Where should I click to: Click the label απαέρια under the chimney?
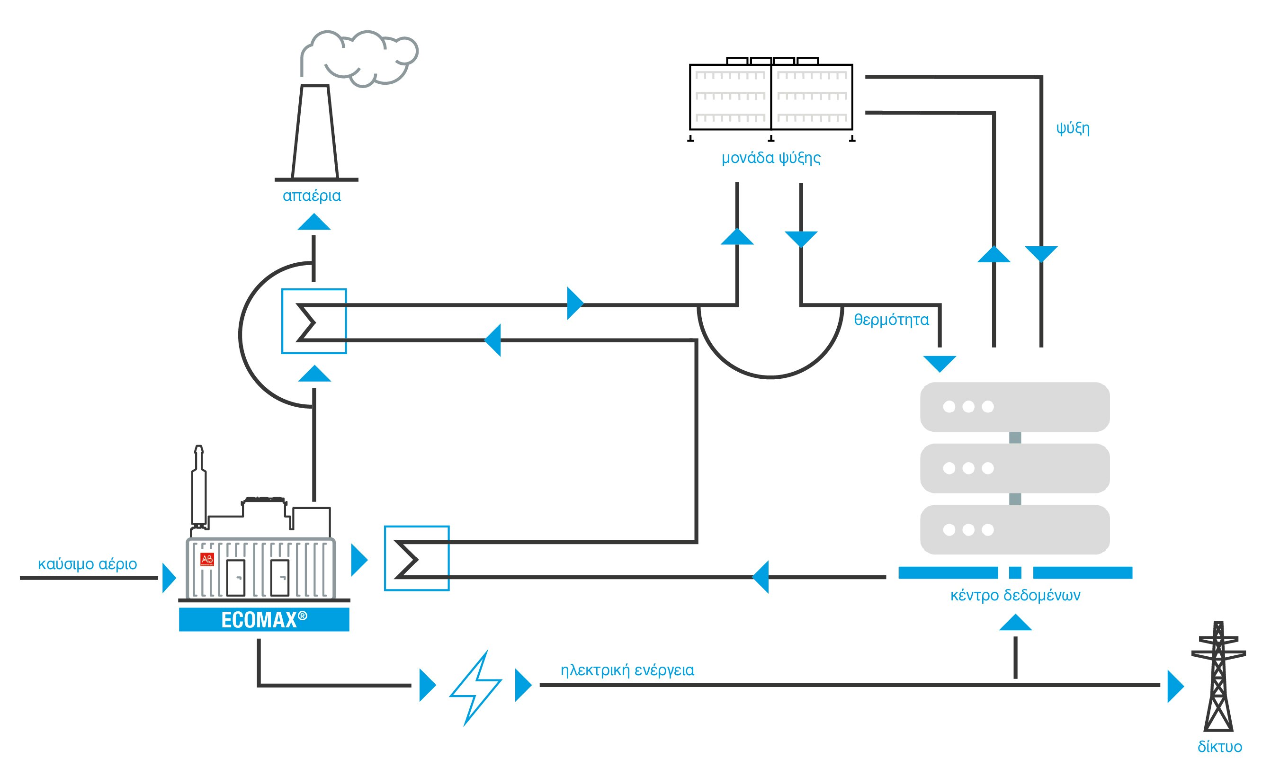(312, 196)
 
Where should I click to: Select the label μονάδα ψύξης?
(770, 158)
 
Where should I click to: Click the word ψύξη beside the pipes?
(1073, 127)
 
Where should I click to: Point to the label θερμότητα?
(891, 320)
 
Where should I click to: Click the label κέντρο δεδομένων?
(1015, 595)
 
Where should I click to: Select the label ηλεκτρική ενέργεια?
(627, 670)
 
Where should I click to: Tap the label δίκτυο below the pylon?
(1219, 747)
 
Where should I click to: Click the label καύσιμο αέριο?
(88, 564)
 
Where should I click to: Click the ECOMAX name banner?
(264, 619)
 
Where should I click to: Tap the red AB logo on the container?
(207, 559)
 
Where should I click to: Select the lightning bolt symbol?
(475, 687)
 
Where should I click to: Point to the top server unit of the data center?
(1015, 407)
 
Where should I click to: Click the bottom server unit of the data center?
(1015, 529)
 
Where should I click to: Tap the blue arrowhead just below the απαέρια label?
(314, 222)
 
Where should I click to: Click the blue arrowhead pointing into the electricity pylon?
(1174, 686)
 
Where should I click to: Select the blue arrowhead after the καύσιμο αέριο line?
(169, 578)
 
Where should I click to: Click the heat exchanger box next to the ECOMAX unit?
(416, 559)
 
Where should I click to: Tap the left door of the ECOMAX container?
(236, 578)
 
